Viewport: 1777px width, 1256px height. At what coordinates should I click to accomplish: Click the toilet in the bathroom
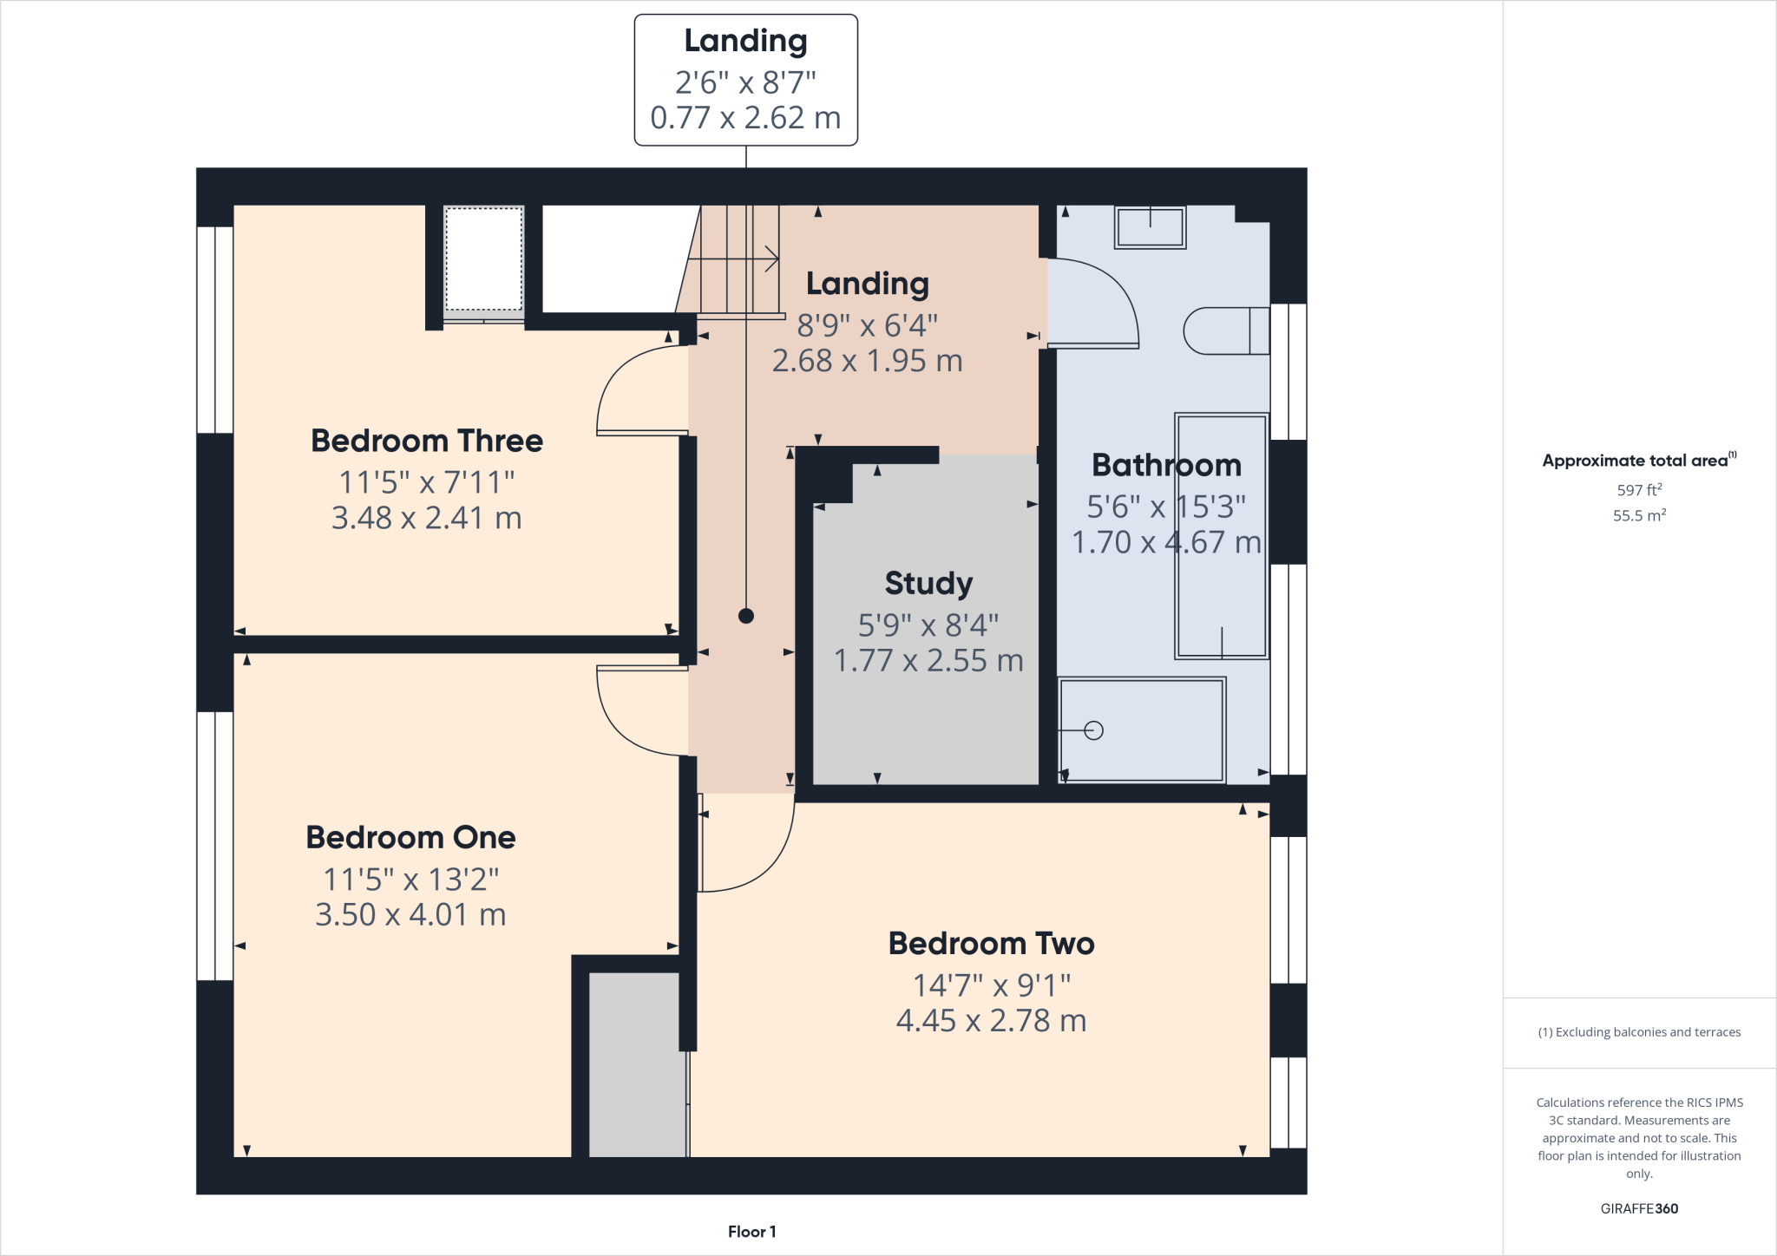(x=1223, y=330)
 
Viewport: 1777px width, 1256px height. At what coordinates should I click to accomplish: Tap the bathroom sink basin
(x=1150, y=228)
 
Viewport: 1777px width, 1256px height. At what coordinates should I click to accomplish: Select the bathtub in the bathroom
(x=1221, y=535)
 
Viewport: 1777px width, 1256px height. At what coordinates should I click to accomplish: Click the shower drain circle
(x=1094, y=730)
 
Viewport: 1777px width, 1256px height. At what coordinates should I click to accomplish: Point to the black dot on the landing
(x=746, y=616)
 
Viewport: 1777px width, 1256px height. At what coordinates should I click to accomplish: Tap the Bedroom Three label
(x=427, y=441)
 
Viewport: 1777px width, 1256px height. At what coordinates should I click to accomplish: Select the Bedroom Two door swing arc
(x=764, y=859)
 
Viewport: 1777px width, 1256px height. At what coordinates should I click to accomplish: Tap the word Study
(x=928, y=583)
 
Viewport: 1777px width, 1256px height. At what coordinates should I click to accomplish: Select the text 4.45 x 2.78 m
(x=991, y=1021)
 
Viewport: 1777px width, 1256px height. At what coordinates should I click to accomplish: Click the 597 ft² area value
(x=1639, y=490)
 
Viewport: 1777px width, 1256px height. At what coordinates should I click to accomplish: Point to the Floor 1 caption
(x=751, y=1232)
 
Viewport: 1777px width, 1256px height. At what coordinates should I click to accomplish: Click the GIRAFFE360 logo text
(x=1639, y=1208)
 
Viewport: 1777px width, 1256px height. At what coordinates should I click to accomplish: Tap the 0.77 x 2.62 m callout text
(x=745, y=118)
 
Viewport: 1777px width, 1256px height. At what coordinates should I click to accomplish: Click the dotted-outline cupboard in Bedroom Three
(x=483, y=258)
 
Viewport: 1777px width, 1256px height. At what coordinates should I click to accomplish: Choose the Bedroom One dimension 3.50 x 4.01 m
(x=410, y=915)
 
